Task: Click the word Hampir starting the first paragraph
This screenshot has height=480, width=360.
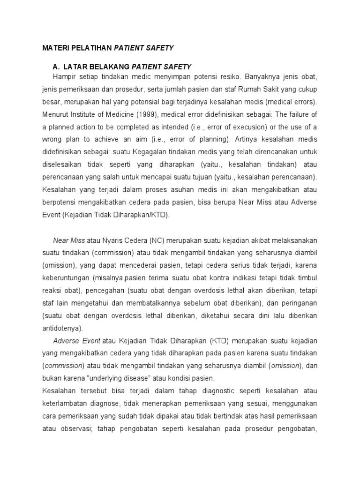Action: (64, 76)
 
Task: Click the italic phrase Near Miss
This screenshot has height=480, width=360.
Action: (69, 240)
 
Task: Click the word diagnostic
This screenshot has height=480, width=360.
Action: (222, 391)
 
